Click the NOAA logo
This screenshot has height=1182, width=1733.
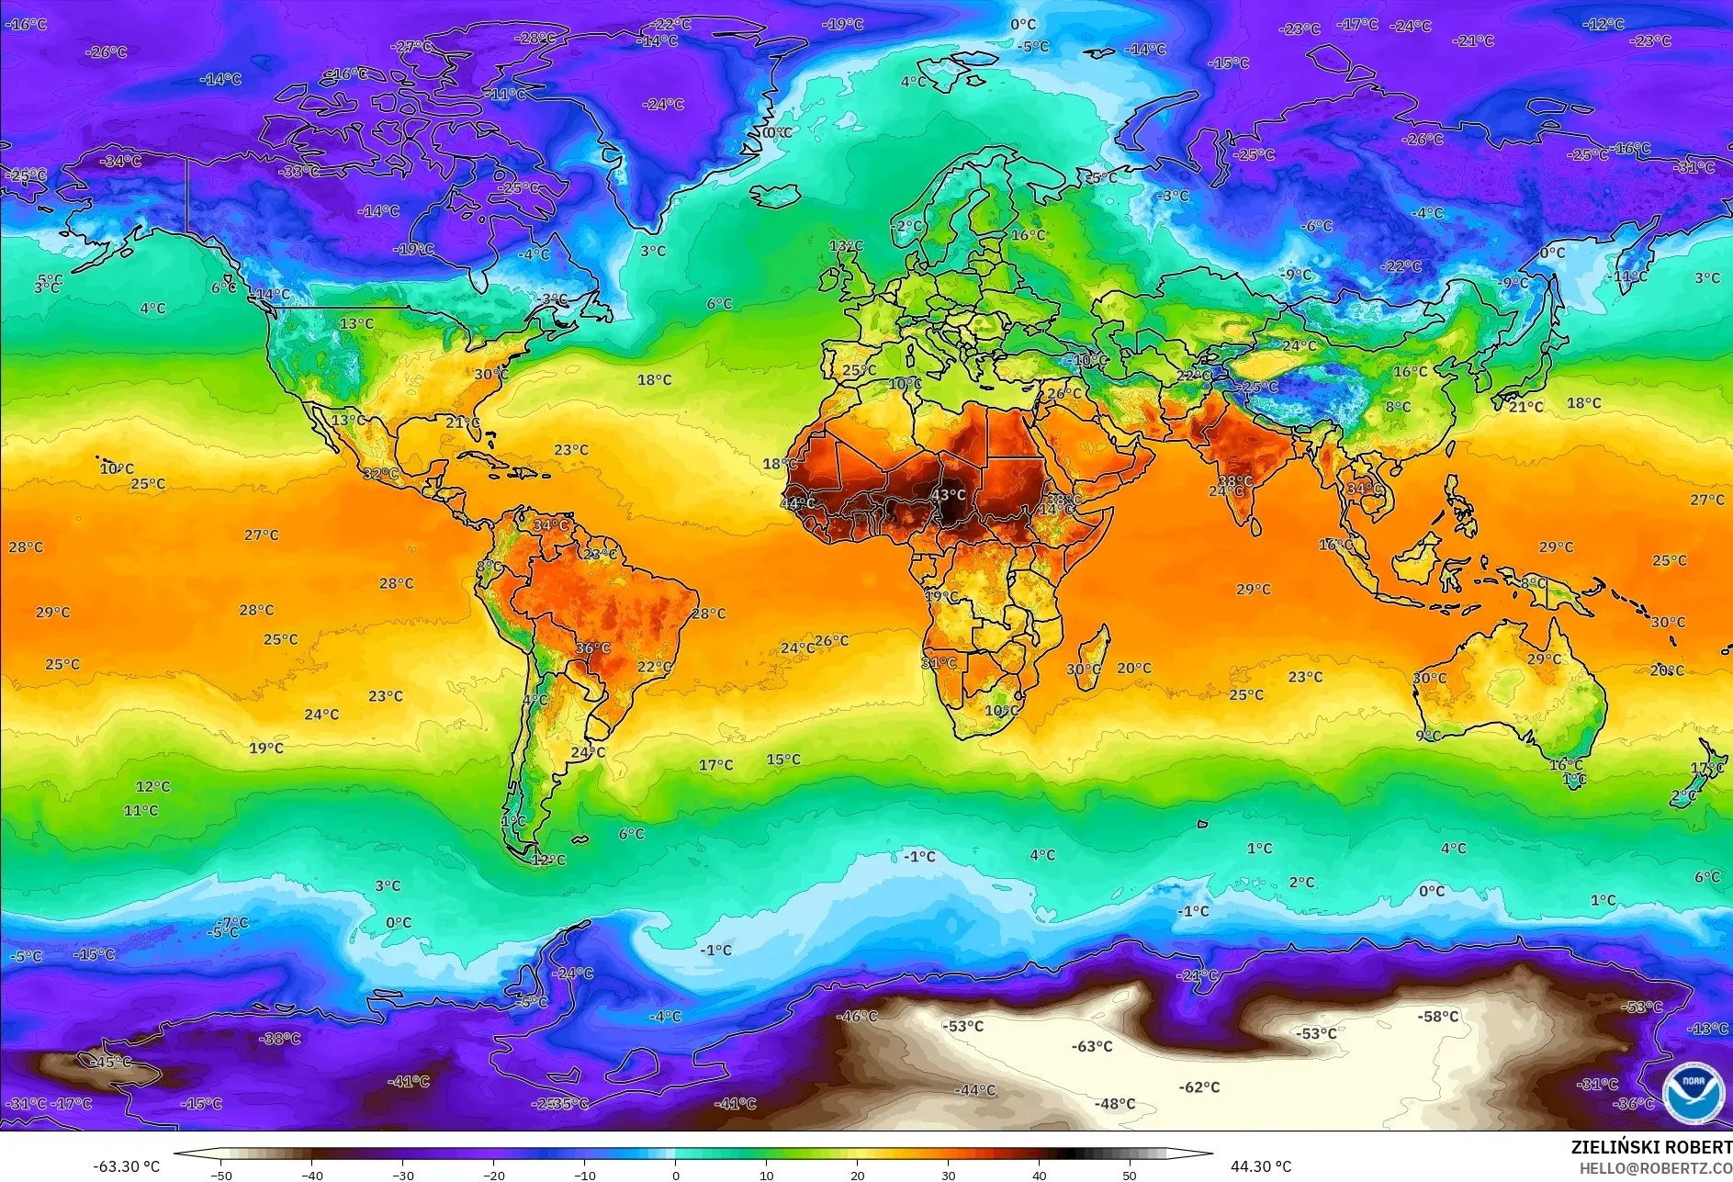click(x=1693, y=1092)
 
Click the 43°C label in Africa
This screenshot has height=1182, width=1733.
click(x=949, y=495)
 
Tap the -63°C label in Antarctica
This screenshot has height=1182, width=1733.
click(x=1092, y=1046)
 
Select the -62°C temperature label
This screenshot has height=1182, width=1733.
click(x=1199, y=1087)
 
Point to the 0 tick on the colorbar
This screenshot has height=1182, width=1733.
click(x=676, y=1175)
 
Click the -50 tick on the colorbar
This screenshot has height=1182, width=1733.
click(x=221, y=1175)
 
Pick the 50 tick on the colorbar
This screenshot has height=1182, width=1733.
click(x=1130, y=1175)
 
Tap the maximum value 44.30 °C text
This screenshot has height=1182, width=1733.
click(x=1261, y=1166)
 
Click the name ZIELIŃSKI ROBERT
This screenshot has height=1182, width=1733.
click(x=1650, y=1147)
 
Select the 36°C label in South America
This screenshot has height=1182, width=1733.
click(x=593, y=647)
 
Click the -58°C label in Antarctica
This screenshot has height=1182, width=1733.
click(x=1438, y=1017)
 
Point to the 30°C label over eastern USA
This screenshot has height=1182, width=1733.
click(x=491, y=374)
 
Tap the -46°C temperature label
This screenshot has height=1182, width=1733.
click(x=858, y=1017)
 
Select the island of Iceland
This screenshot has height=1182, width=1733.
click(x=776, y=196)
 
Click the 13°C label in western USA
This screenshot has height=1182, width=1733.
click(x=356, y=323)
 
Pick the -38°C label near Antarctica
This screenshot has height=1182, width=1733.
click(x=280, y=1039)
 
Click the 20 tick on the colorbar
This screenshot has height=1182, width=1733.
click(x=858, y=1175)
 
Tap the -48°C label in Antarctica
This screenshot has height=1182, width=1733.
click(x=1115, y=1104)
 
